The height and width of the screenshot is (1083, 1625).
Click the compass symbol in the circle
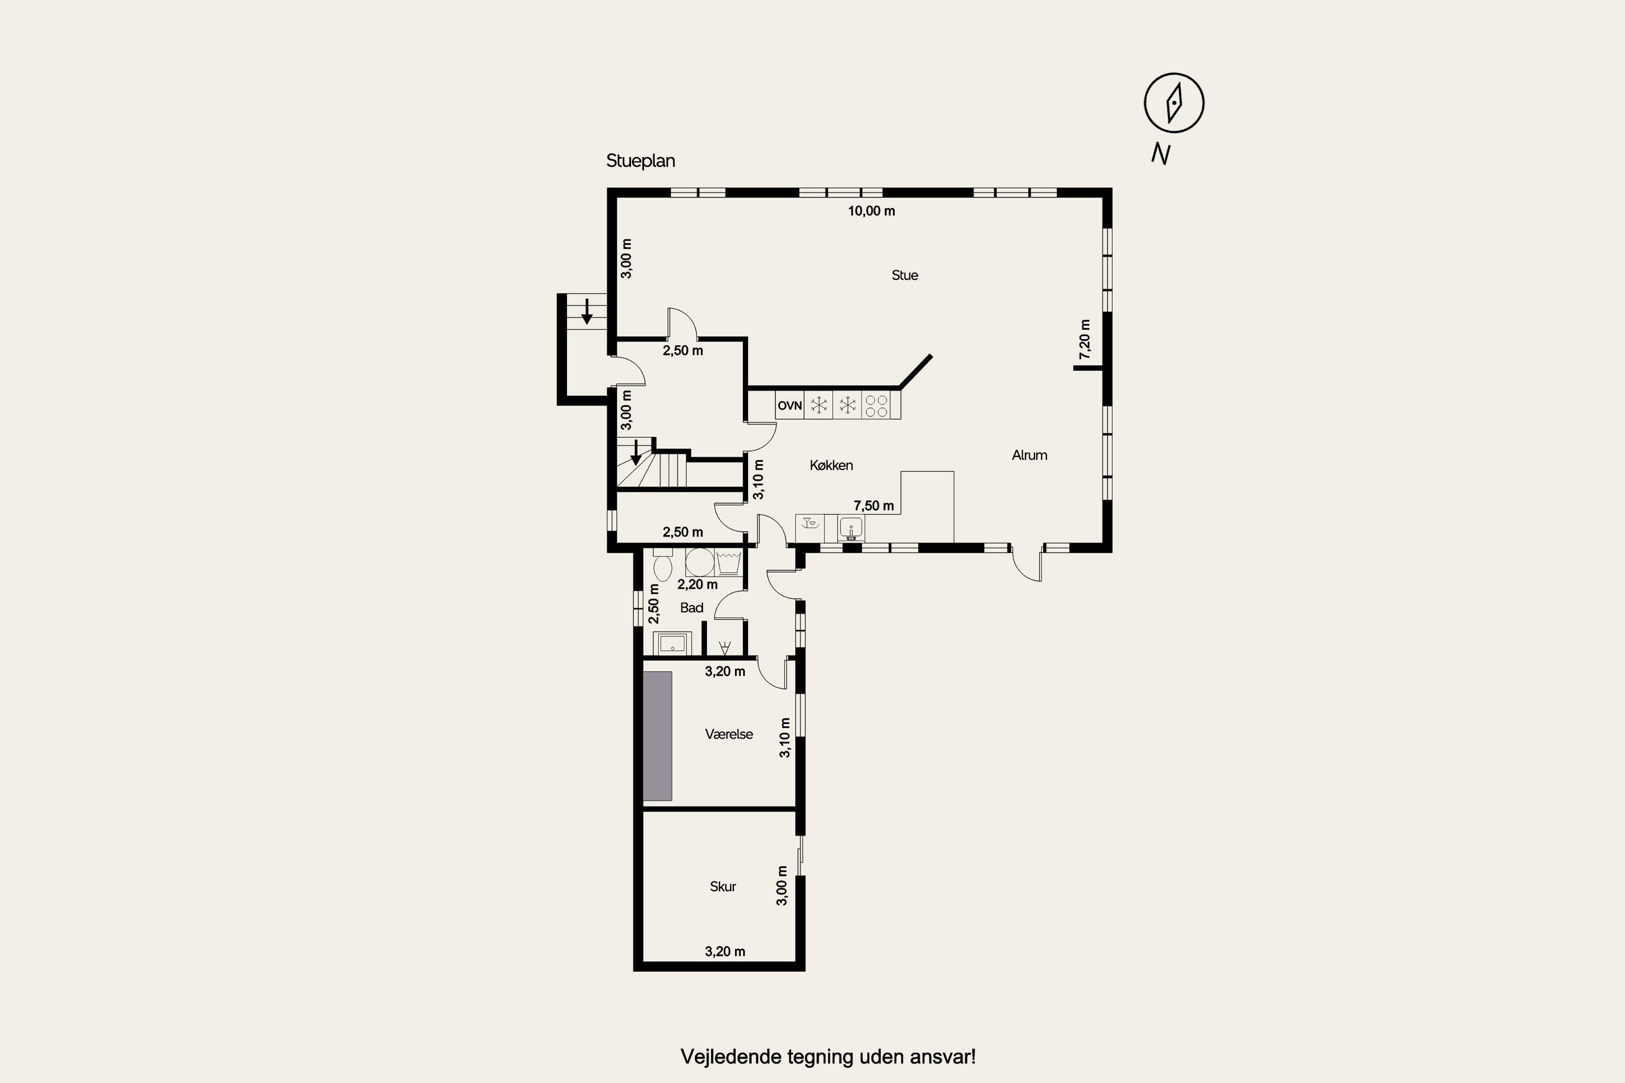pyautogui.click(x=1174, y=103)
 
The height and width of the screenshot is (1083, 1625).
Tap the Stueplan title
pyautogui.click(x=640, y=161)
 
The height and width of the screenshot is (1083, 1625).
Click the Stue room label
pyautogui.click(x=905, y=276)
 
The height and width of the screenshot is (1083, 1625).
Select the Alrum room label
pyautogui.click(x=1030, y=455)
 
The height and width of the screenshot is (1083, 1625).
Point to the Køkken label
pyautogui.click(x=831, y=466)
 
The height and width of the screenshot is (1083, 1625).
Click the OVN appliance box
pyautogui.click(x=790, y=406)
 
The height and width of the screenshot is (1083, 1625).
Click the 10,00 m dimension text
pyautogui.click(x=871, y=211)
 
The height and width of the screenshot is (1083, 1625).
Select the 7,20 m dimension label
pyautogui.click(x=1085, y=339)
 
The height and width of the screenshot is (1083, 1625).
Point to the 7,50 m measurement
pyautogui.click(x=873, y=506)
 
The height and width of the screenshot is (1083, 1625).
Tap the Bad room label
pyautogui.click(x=692, y=608)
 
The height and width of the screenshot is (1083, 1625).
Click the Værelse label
pyautogui.click(x=729, y=734)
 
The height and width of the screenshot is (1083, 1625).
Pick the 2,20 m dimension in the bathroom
pyautogui.click(x=697, y=584)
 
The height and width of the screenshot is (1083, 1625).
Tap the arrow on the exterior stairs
pyautogui.click(x=587, y=311)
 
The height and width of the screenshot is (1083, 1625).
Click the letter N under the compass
pyautogui.click(x=1161, y=153)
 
